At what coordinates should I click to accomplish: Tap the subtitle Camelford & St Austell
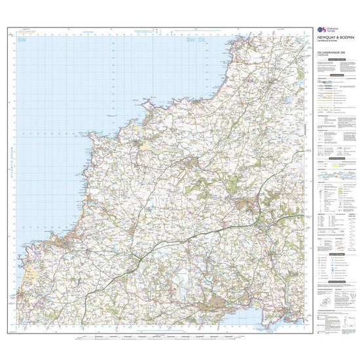328,47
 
